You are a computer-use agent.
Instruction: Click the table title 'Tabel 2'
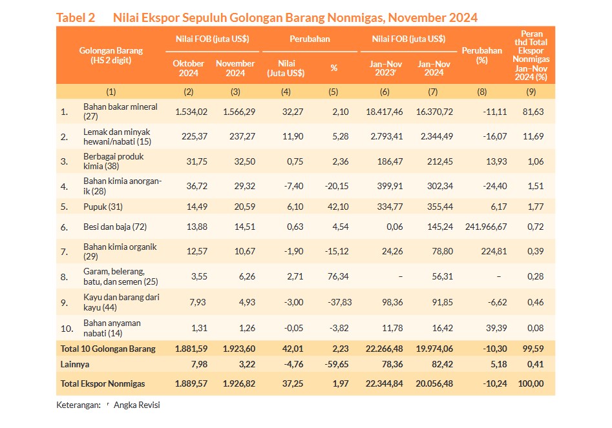tap(76, 17)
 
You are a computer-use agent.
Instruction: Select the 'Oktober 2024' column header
tap(189, 68)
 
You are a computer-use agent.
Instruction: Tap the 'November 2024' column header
tap(235, 68)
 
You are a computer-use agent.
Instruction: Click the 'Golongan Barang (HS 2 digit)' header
tap(111, 56)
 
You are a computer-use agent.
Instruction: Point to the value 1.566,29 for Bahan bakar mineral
tap(239, 112)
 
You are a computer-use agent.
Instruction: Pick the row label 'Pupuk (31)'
tap(103, 207)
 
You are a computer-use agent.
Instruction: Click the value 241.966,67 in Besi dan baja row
tap(486, 227)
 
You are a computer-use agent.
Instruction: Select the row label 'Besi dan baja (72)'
tap(115, 227)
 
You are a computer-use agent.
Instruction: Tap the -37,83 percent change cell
tap(338, 302)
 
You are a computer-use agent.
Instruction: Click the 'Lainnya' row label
tap(75, 365)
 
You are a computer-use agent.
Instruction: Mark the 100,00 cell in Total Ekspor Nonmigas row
tap(531, 383)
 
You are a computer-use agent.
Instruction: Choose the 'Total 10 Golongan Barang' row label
tap(108, 349)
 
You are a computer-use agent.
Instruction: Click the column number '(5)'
tap(333, 92)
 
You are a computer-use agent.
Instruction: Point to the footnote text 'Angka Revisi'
tap(136, 405)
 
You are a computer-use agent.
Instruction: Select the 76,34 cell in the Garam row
tap(338, 276)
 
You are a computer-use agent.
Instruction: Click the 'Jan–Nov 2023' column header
tap(386, 68)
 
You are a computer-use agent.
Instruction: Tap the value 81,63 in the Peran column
tap(533, 112)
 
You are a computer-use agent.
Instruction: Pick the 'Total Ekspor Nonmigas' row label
tap(103, 383)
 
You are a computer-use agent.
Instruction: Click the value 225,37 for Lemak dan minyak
tap(195, 136)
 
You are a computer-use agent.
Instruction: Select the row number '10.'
tap(67, 329)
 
